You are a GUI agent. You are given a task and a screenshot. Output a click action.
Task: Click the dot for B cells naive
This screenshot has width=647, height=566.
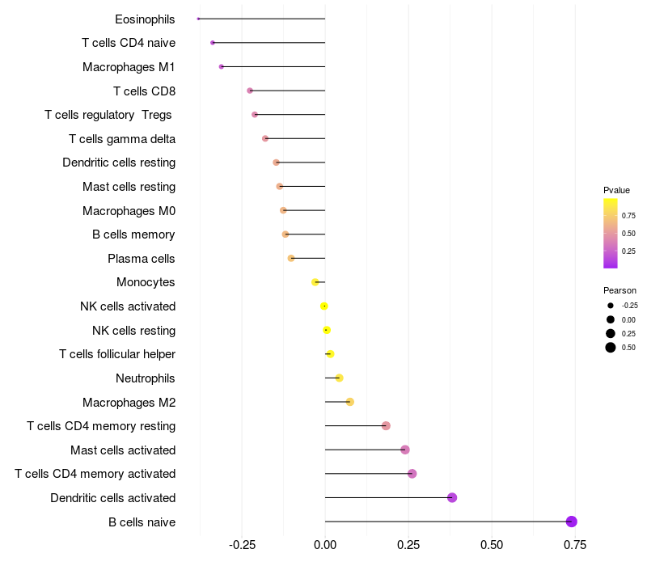click(x=571, y=522)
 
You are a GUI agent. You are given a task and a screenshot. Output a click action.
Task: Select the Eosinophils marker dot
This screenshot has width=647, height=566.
click(x=198, y=19)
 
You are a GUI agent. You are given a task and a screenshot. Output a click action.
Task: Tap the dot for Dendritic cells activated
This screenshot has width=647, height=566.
click(x=452, y=497)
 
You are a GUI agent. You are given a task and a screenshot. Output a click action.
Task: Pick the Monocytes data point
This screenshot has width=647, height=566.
click(x=315, y=282)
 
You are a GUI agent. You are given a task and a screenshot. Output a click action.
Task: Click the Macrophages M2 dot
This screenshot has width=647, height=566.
click(x=350, y=402)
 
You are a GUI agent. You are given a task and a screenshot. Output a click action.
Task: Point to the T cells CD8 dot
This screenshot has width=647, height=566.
click(x=250, y=91)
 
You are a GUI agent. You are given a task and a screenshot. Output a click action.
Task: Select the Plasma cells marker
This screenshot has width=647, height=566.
click(x=291, y=258)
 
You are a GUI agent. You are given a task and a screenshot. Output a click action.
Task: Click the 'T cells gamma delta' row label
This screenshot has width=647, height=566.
click(x=122, y=139)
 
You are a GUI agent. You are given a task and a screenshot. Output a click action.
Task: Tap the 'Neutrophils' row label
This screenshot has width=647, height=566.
click(x=146, y=378)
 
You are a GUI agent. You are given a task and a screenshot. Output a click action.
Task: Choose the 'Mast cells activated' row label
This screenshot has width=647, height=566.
click(x=123, y=450)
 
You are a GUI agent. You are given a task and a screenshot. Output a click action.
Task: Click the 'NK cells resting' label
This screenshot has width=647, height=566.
click(x=133, y=331)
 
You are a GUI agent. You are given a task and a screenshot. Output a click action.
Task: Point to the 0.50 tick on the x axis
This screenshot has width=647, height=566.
click(x=492, y=545)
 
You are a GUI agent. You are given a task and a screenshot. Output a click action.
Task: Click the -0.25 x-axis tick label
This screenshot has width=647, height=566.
click(x=242, y=545)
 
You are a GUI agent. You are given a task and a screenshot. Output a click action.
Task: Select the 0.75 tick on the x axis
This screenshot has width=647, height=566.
click(x=575, y=545)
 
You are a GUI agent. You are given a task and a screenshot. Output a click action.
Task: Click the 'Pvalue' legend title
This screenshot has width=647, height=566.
click(x=616, y=190)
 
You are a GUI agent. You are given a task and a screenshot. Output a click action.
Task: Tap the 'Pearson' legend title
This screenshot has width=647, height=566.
click(x=620, y=290)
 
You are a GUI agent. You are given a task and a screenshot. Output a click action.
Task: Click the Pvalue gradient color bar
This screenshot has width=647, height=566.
click(x=611, y=234)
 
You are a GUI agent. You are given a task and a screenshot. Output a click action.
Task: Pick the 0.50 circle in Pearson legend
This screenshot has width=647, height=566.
click(x=611, y=348)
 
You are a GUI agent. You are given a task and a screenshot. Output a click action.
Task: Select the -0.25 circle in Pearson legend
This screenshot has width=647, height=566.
click(x=611, y=306)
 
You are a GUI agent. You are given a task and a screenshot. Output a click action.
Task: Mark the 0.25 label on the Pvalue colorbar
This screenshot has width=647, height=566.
click(x=628, y=251)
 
